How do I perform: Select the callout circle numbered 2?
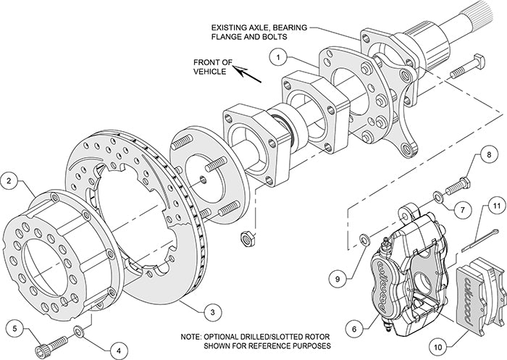click(10, 179)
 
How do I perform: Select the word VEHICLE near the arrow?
click(209, 72)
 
